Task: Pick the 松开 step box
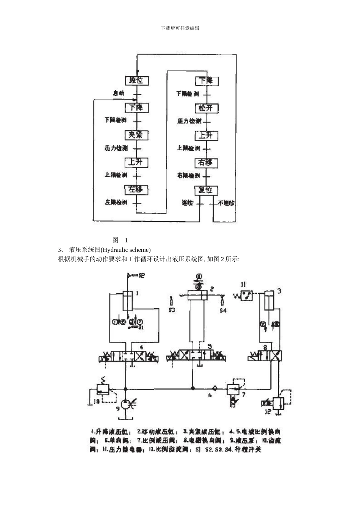pos(206,108)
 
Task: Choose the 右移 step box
pos(206,163)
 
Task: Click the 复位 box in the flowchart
pos(206,189)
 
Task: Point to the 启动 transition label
pos(118,93)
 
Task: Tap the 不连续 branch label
pos(226,203)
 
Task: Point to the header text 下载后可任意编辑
pos(180,28)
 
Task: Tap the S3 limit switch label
pos(171,310)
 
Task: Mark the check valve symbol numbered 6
pos(214,388)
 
